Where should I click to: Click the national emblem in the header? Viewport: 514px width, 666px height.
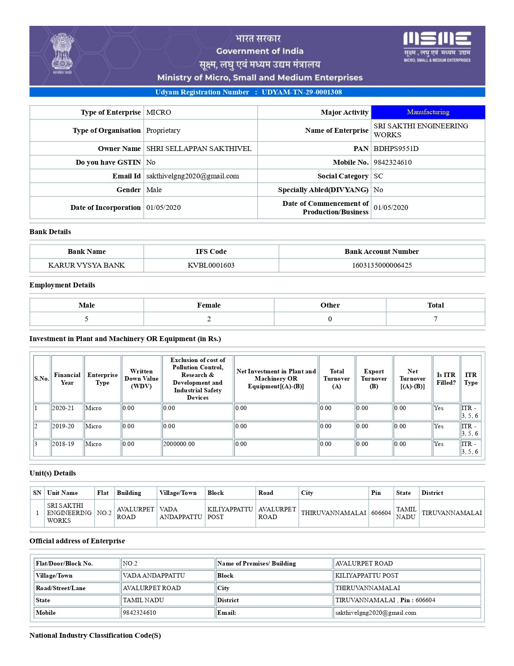coord(62,54)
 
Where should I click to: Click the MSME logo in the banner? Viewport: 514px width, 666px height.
coord(437,46)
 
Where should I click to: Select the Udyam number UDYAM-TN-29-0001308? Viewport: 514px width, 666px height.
coord(302,92)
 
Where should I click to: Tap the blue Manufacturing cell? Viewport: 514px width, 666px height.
coord(428,112)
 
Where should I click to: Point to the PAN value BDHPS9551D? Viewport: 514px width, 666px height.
coord(396,149)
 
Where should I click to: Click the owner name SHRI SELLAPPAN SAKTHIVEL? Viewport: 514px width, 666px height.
coord(199,149)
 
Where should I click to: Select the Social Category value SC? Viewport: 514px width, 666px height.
coord(378,176)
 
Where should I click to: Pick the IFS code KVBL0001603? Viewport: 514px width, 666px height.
coord(211,265)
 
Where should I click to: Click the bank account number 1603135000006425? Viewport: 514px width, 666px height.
coord(381,265)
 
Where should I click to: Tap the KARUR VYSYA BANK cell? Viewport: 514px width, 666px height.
coord(86,265)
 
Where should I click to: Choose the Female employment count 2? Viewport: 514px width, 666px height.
coord(209,319)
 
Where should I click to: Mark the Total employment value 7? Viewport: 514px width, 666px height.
coord(435,319)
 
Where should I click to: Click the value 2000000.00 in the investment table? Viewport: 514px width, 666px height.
coord(179,444)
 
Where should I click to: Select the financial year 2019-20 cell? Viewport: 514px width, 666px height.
coord(63,426)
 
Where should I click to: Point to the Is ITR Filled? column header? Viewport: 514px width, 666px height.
coord(446,379)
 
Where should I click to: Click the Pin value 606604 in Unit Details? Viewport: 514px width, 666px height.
coord(381,513)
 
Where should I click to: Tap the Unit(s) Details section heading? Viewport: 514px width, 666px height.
coord(52,473)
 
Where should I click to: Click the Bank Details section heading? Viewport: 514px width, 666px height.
coord(50,232)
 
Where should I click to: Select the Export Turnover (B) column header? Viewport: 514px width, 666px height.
coord(374,379)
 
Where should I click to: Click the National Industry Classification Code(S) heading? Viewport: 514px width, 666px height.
coord(95,635)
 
